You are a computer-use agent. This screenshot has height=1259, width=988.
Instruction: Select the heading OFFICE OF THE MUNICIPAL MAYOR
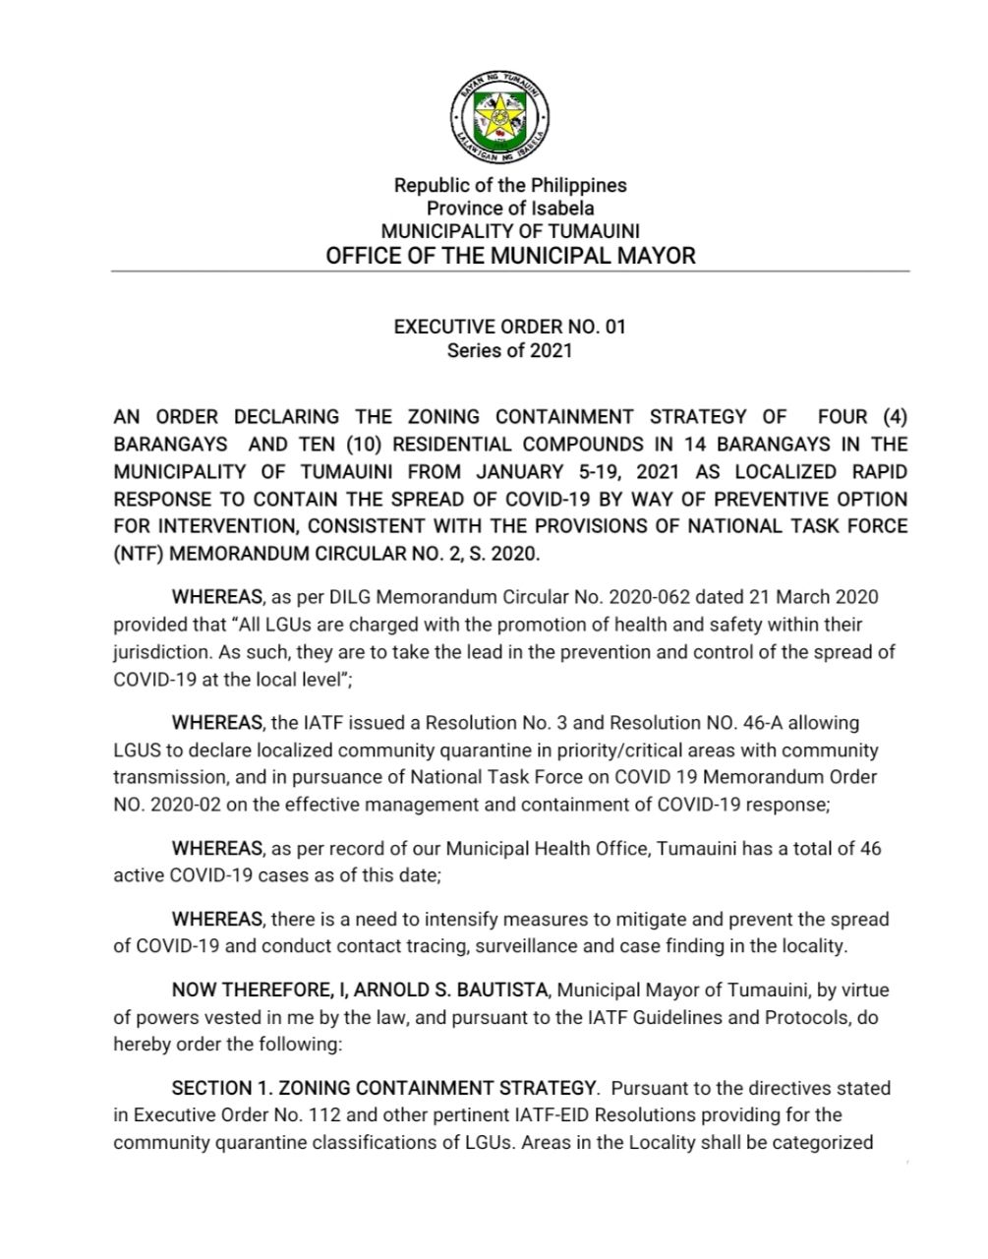509,257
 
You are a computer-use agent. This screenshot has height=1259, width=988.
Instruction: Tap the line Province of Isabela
509,208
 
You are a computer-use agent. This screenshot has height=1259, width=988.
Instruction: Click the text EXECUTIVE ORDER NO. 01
509,327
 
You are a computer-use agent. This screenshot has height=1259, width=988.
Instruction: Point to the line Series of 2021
509,350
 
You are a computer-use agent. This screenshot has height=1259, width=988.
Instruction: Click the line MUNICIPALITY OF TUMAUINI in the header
509,231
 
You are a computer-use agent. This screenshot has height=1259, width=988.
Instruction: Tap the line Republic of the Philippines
509,185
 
